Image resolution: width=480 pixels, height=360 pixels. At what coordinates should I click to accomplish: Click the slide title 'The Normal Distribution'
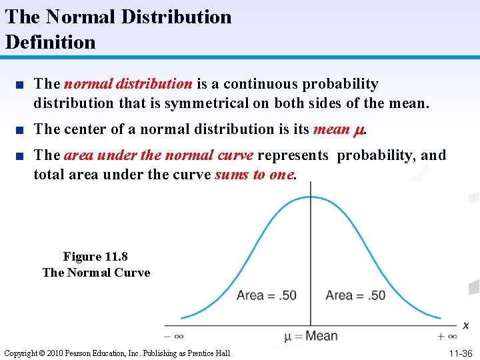[x=119, y=17]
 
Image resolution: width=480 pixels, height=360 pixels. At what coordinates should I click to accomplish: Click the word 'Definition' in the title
[x=51, y=42]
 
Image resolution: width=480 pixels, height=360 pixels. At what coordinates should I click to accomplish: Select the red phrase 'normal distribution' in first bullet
[x=128, y=84]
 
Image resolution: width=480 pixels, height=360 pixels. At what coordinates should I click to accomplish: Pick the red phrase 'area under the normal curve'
[x=159, y=155]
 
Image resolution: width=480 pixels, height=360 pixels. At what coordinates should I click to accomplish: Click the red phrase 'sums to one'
[x=254, y=174]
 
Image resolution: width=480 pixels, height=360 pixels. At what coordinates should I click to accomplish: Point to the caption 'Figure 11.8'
[x=95, y=257]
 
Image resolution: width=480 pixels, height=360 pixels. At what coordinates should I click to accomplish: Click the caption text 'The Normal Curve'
[x=96, y=272]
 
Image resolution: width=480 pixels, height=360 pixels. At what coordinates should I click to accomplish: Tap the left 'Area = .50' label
[x=266, y=295]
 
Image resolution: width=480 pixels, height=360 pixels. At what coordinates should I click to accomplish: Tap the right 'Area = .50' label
[x=355, y=295]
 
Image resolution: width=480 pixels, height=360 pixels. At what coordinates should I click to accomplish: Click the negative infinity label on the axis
[x=174, y=336]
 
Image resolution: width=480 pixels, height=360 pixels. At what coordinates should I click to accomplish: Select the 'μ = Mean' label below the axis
[x=311, y=336]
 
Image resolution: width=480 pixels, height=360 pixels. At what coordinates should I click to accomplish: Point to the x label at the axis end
[x=465, y=325]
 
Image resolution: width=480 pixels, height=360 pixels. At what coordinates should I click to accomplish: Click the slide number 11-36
[x=461, y=353]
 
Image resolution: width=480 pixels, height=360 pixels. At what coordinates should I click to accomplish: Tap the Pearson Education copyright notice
[x=117, y=353]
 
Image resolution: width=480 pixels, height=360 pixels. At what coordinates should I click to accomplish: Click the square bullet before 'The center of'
[x=22, y=129]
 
